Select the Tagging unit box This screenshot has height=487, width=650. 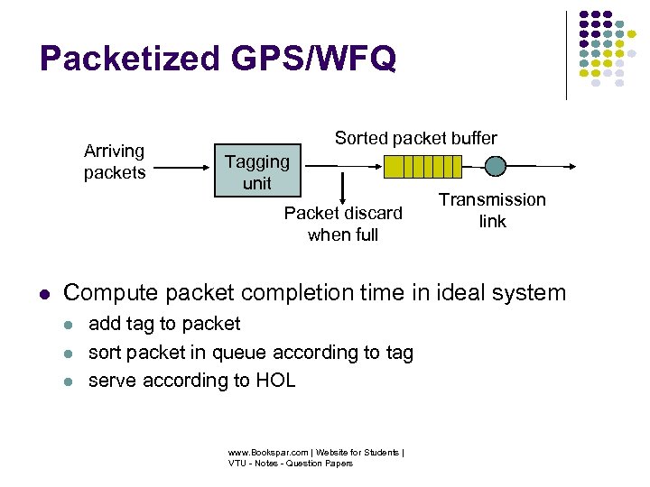pyautogui.click(x=256, y=171)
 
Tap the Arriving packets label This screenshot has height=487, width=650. pyautogui.click(x=115, y=161)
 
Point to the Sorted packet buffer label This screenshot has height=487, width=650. pyautogui.click(x=415, y=138)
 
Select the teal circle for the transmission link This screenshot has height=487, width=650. pyautogui.click(x=496, y=166)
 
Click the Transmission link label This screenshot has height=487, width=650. pyautogui.click(x=492, y=210)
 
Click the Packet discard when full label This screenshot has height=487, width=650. pyautogui.click(x=343, y=224)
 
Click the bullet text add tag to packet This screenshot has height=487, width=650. pyautogui.click(x=164, y=324)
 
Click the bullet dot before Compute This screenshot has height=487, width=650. pyautogui.click(x=43, y=294)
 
